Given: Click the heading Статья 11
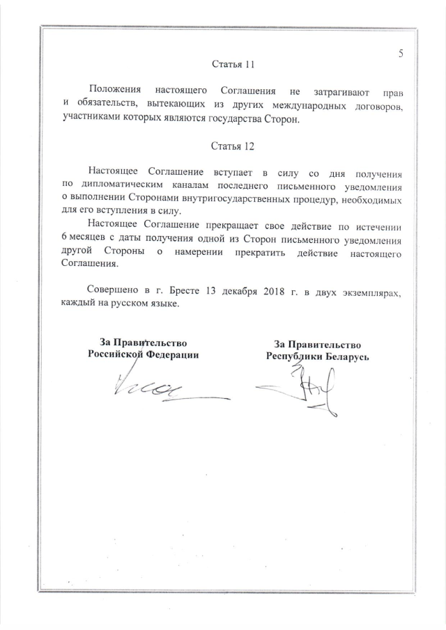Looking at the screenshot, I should coord(233,65).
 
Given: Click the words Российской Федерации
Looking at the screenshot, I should coord(143,354).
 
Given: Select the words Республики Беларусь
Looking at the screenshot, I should coord(317,356).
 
